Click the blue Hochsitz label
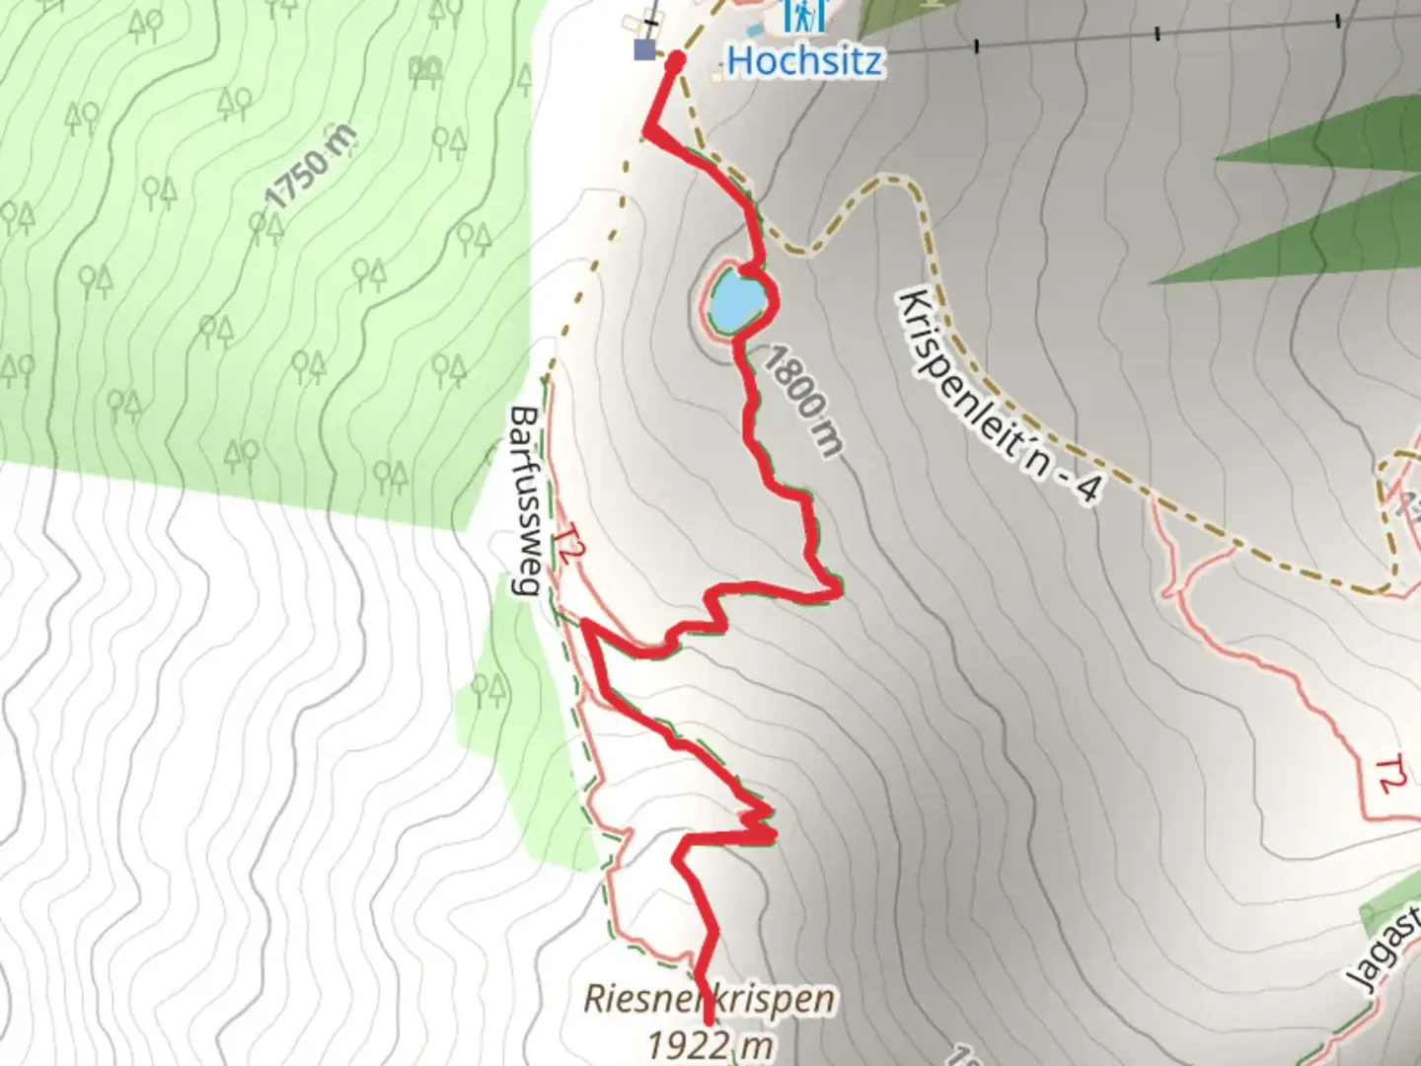pyautogui.click(x=804, y=61)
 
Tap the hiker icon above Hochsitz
pyautogui.click(x=803, y=15)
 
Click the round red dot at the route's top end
pyautogui.click(x=676, y=62)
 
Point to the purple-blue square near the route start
pyautogui.click(x=644, y=49)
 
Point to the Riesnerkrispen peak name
pyautogui.click(x=709, y=999)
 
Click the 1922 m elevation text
pyautogui.click(x=709, y=1044)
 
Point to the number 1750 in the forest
pyautogui.click(x=296, y=178)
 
